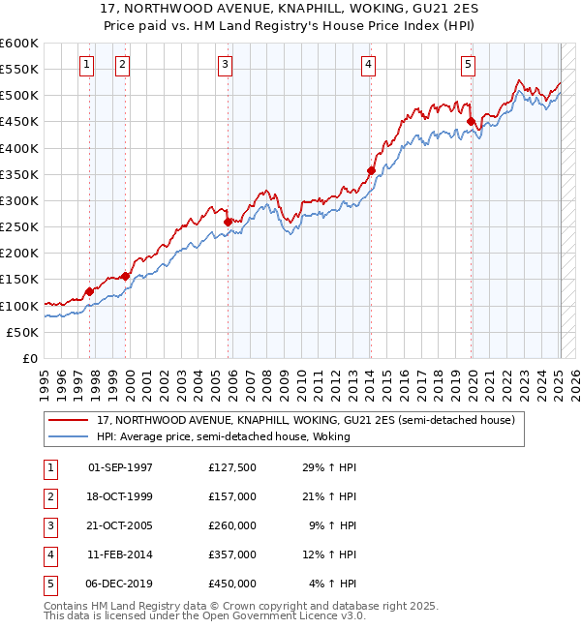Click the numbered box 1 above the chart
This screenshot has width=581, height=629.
pos(87,65)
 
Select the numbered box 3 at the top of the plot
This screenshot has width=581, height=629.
pos(225,65)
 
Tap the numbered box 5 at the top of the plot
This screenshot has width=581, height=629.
pos(468,65)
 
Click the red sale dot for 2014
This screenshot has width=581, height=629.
pos(371,171)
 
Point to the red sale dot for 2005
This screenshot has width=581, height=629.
pos(229,222)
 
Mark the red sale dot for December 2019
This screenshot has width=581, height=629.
pos(471,122)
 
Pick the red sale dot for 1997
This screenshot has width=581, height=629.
pos(89,291)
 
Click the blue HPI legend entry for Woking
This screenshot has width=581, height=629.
pos(222,436)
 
